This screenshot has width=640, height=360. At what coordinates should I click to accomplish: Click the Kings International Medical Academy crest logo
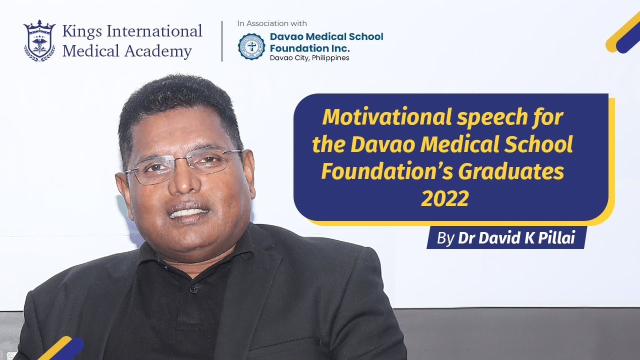coord(39,41)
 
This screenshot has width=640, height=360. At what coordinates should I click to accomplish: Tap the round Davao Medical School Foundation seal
coord(251,46)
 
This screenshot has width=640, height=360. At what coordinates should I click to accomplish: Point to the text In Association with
coord(272,23)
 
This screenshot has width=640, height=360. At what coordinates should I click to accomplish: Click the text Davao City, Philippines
coord(309,58)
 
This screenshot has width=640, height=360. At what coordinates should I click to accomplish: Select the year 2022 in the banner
coord(444,199)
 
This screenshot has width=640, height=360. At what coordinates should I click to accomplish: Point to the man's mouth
coord(188,212)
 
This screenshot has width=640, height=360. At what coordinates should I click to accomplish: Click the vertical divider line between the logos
coord(222,41)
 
